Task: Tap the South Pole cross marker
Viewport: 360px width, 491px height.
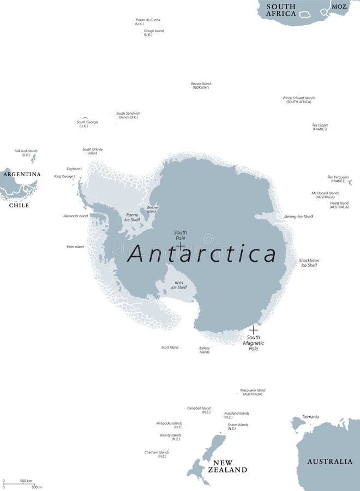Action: click(181, 247)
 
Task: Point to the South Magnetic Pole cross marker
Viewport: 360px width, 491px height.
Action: click(253, 330)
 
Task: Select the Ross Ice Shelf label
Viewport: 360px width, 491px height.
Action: click(179, 285)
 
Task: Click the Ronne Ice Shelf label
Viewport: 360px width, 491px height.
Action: click(132, 217)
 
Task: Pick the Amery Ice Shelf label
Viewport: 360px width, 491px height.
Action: click(298, 217)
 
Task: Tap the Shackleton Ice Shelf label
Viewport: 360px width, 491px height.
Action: click(309, 263)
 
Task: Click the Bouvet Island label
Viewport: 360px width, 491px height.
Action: click(201, 86)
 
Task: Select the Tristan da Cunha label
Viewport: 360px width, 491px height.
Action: click(147, 22)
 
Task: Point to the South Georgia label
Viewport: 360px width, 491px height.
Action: click(87, 124)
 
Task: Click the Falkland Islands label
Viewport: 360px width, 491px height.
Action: click(26, 153)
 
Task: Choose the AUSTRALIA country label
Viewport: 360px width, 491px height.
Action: click(329, 462)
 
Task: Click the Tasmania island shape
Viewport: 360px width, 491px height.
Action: click(297, 423)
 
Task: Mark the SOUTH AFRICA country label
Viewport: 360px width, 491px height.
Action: click(281, 10)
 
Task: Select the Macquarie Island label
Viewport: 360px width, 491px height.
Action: click(253, 392)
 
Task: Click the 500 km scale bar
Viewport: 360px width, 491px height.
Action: click(19, 484)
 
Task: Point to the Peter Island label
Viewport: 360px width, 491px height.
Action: click(75, 247)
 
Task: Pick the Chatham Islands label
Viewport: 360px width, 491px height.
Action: click(157, 454)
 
